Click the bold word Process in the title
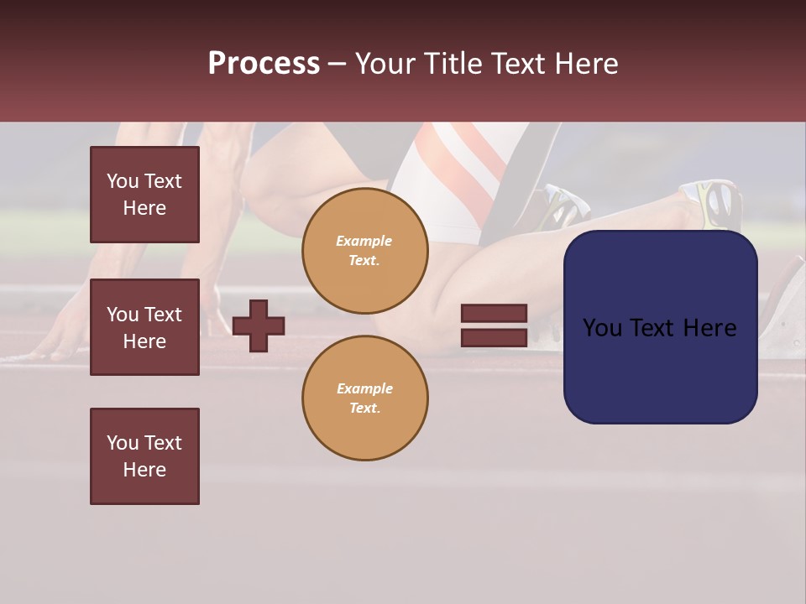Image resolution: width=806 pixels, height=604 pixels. [264, 64]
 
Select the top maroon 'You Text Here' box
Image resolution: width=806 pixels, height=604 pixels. [144, 195]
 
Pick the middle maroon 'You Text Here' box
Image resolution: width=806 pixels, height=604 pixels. [144, 327]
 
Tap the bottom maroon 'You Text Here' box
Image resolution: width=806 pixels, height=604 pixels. [144, 456]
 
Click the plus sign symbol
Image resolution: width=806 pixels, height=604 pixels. [259, 325]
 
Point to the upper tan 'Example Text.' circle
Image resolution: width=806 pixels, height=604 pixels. [364, 251]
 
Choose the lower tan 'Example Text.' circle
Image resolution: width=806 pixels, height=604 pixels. [364, 398]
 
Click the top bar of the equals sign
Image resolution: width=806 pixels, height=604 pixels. [494, 314]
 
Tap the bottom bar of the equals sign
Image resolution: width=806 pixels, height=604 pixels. [494, 337]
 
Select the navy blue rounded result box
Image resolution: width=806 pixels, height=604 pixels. [660, 369]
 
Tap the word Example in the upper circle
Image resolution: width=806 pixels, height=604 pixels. [364, 242]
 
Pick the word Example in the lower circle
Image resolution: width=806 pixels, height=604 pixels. [364, 389]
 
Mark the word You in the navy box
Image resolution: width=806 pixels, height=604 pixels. [602, 328]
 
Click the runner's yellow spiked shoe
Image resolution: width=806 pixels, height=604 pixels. [714, 201]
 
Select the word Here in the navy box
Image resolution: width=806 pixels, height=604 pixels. [711, 328]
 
